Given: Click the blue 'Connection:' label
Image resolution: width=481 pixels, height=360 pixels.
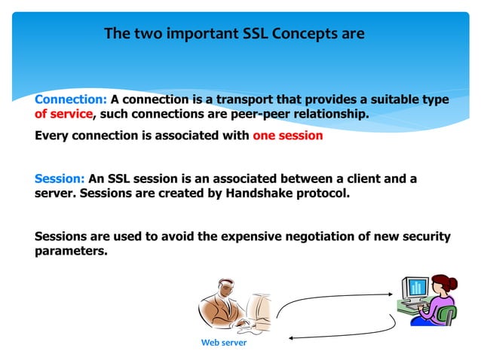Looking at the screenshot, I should [71, 99].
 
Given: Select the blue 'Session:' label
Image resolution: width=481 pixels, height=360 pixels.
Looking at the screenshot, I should [60, 179].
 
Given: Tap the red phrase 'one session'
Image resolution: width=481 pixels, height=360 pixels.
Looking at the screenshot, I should [288, 136].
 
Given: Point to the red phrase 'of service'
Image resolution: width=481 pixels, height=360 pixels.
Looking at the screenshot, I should [63, 114].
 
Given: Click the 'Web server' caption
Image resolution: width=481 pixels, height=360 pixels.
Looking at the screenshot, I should [223, 343].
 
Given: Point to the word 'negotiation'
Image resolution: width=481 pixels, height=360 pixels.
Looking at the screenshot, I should [308, 236].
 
